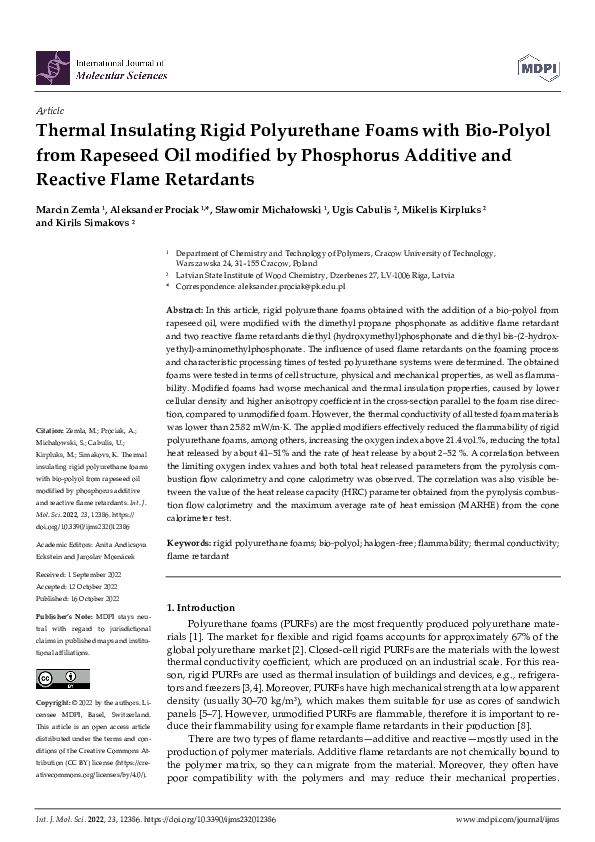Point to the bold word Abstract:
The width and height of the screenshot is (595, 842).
[185, 312]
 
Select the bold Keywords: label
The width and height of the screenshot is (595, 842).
[189, 541]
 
